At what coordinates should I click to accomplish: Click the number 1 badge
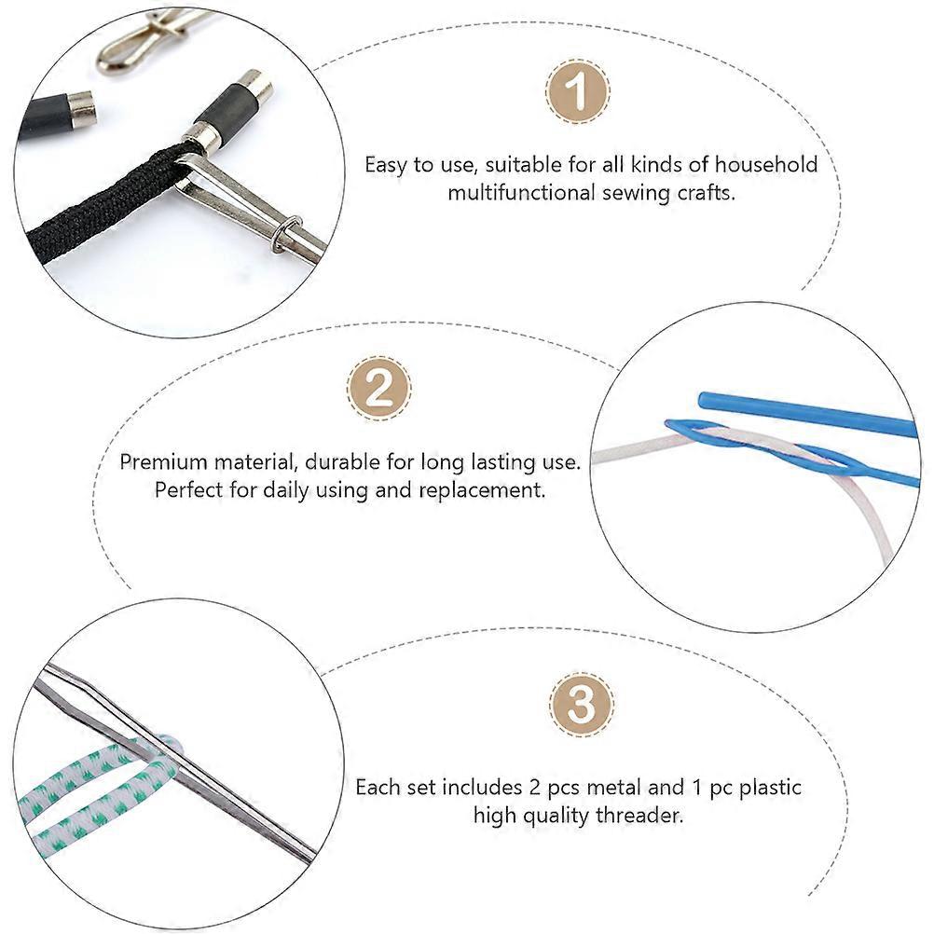tap(577, 91)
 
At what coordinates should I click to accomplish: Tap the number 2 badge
tap(378, 389)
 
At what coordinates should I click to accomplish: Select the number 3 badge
tap(581, 705)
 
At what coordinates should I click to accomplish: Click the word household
tap(766, 164)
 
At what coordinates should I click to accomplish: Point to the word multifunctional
tap(522, 192)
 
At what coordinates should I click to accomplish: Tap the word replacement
tap(482, 490)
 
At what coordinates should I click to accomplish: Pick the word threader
tap(639, 815)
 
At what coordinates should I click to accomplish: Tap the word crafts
tap(706, 192)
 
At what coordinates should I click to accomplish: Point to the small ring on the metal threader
tap(285, 234)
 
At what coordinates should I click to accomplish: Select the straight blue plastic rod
tap(807, 413)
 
